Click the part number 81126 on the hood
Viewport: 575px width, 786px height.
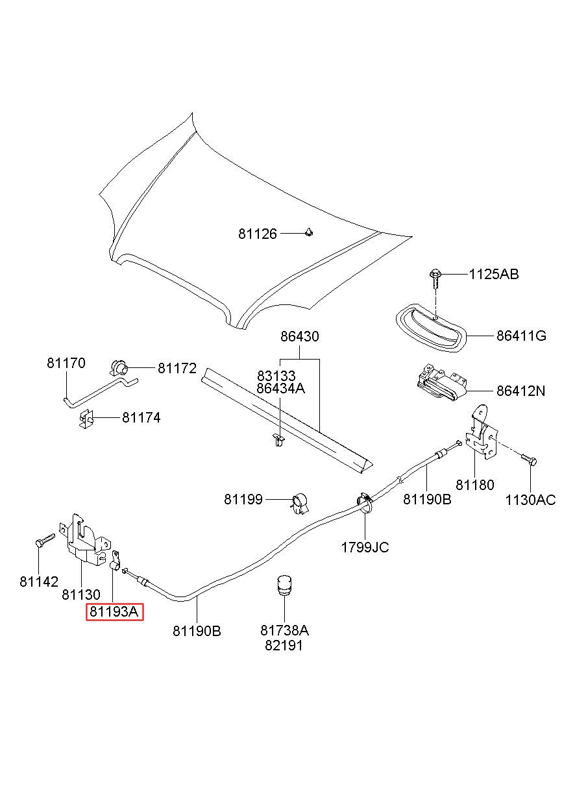(258, 234)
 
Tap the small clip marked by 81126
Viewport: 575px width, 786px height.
(308, 232)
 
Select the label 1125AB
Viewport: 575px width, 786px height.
(494, 274)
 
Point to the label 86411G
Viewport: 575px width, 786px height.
(521, 336)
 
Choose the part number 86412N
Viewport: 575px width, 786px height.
(520, 391)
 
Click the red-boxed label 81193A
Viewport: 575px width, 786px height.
(114, 611)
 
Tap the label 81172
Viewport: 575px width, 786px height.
(177, 368)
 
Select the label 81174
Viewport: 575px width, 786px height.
(141, 417)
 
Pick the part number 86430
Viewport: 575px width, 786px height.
(300, 336)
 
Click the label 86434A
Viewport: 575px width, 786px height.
(280, 388)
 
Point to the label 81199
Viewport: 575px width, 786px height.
(243, 499)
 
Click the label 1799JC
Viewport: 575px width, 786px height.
(365, 547)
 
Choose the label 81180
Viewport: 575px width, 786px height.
(474, 485)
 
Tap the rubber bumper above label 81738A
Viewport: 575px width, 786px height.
(284, 585)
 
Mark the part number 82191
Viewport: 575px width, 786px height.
(284, 645)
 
